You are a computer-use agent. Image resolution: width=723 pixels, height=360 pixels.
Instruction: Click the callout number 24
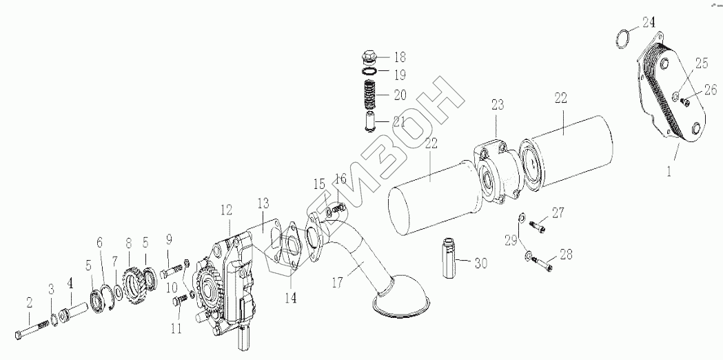(x=648, y=21)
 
